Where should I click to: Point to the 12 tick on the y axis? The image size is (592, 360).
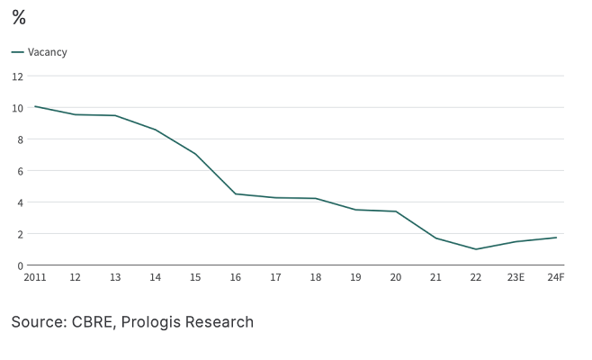pos(17,76)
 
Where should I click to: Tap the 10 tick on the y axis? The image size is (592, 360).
pos(17,108)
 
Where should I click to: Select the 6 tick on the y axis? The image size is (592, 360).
pos(19,171)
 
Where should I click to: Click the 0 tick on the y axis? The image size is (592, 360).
pos(19,265)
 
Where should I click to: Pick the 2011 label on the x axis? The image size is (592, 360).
pos(35,278)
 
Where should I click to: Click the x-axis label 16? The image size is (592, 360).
pos(235,278)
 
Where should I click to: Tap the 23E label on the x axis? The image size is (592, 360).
pos(516,278)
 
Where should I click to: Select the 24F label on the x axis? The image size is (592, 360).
pos(556,278)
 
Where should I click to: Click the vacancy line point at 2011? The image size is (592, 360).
pos(35,106)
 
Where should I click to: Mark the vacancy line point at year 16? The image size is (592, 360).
pos(235,193)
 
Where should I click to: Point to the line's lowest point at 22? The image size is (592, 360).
pos(476,249)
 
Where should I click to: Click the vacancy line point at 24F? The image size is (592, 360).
pos(556,238)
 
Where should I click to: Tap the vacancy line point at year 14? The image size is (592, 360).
pos(155,130)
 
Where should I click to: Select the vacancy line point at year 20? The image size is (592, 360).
pos(396,211)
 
